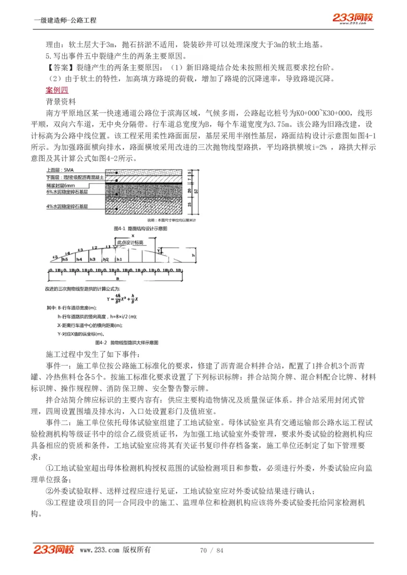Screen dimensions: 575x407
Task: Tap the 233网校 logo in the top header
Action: point(353,18)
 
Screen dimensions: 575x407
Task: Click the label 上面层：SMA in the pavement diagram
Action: point(60,170)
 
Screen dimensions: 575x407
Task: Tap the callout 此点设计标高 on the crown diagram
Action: point(131,243)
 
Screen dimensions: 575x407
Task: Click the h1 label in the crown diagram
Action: point(119,259)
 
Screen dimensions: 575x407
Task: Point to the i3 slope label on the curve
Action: point(81,250)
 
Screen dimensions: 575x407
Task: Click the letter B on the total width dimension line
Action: point(118,279)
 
